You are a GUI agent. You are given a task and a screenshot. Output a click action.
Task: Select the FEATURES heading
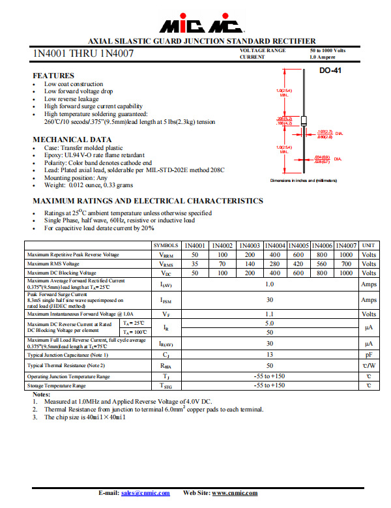53,76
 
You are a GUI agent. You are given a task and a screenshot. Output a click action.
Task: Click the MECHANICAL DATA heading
72,140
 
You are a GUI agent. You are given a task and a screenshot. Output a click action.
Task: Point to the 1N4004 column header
276,245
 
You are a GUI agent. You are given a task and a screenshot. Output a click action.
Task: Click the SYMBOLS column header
166,245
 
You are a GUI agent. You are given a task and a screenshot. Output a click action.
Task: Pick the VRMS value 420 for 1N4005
298,264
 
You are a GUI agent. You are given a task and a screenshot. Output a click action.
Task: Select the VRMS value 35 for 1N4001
195,264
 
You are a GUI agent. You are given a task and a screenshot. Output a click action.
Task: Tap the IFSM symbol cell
166,300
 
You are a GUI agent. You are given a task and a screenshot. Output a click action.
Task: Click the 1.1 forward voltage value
269,314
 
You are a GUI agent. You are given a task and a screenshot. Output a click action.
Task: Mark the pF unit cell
368,355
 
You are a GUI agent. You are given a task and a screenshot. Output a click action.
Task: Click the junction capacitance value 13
269,355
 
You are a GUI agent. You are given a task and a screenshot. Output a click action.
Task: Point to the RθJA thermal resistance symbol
166,366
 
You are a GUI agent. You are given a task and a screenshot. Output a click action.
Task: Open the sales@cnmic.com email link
145,493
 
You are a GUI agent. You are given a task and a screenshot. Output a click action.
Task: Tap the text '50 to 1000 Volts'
328,50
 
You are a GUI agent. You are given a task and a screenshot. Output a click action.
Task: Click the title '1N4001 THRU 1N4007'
83,53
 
